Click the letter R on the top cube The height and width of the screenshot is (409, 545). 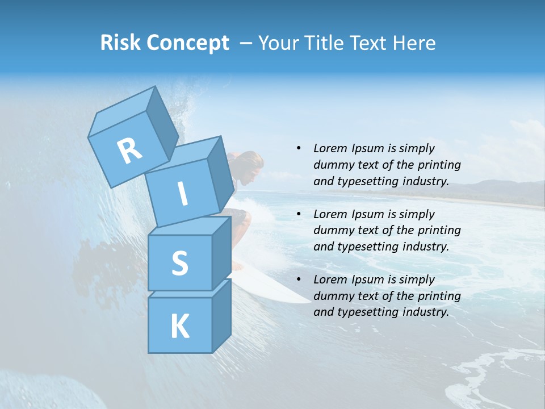click(x=129, y=151)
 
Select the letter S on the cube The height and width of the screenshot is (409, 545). click(x=179, y=263)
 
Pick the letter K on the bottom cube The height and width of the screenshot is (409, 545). click(x=179, y=327)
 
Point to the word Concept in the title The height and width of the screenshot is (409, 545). click(x=187, y=43)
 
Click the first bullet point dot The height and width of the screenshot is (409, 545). click(x=299, y=148)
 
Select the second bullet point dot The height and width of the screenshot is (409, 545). click(x=299, y=214)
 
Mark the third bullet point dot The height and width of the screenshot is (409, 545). click(x=299, y=279)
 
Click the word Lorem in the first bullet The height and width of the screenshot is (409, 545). click(x=330, y=148)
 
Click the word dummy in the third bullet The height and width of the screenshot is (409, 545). click(x=333, y=296)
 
